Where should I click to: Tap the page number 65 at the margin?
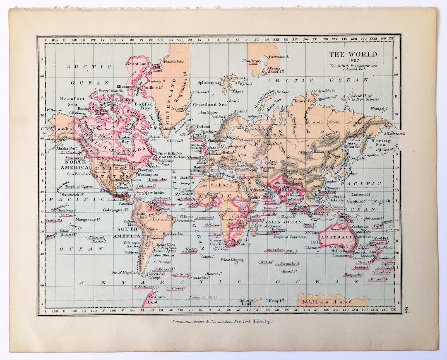click(406, 309)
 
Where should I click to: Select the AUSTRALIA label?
click(339, 237)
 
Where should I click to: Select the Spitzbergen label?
click(208, 83)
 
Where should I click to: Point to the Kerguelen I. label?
click(290, 263)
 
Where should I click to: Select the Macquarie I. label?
click(352, 275)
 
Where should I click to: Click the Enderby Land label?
click(246, 302)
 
